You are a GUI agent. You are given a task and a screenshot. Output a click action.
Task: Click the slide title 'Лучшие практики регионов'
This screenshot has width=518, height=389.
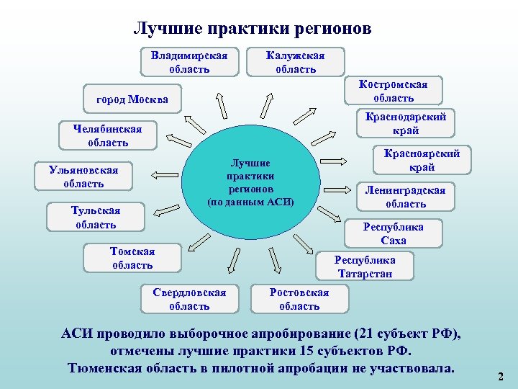pyautogui.click(x=253, y=29)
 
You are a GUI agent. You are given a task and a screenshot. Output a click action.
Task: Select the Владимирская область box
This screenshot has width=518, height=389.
pyautogui.click(x=189, y=62)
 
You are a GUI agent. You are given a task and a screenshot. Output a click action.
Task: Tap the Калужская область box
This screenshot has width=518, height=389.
pyautogui.click(x=295, y=62)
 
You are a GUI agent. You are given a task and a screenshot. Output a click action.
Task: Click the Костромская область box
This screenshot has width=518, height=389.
pyautogui.click(x=393, y=91)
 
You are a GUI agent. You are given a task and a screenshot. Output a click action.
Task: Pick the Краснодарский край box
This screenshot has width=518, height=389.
pyautogui.click(x=406, y=123)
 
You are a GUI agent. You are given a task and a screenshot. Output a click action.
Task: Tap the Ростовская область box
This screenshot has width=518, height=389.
pyautogui.click(x=299, y=299)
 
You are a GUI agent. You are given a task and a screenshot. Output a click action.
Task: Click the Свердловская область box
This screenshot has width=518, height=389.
pyautogui.click(x=188, y=299)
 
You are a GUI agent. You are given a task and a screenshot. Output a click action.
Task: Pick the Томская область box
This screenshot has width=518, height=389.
pyautogui.click(x=132, y=258)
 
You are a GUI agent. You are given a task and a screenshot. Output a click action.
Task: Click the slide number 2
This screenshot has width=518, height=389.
pyautogui.click(x=501, y=376)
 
